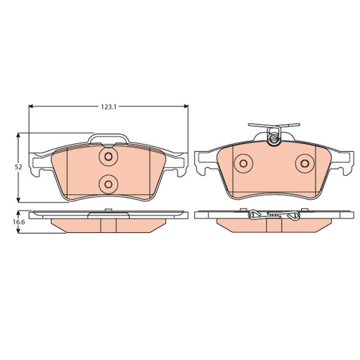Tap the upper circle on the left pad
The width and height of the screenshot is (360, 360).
coord(108,157)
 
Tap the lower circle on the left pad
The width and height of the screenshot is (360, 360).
coord(108,184)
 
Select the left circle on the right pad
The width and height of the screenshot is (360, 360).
coord(242,163)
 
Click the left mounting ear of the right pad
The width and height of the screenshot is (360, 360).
coord(202,162)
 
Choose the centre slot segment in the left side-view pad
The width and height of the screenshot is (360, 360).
coord(108,224)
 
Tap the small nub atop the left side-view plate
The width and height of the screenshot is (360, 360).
coord(108,210)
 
